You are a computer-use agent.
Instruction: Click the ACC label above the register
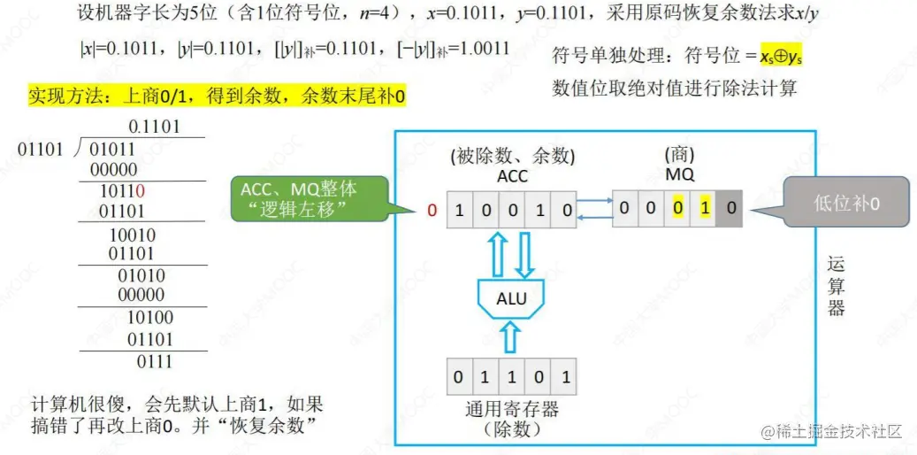point(511,176)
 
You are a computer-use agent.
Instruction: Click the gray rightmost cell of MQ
point(730,209)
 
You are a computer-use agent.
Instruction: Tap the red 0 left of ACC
point(432,211)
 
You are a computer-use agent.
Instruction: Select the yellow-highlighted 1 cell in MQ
point(705,209)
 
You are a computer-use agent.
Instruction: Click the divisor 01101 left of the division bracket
point(41,149)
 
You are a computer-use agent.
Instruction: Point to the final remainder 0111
point(154,361)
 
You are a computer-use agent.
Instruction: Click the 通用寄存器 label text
point(511,409)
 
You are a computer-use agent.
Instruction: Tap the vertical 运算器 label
point(836,285)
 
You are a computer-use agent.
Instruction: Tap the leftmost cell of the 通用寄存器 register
point(457,376)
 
